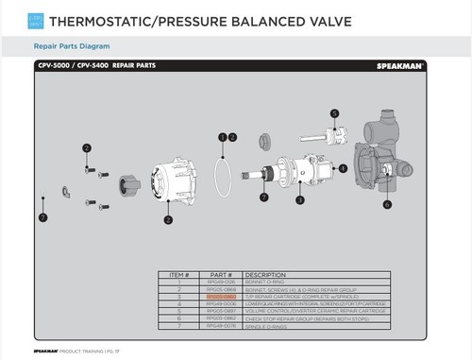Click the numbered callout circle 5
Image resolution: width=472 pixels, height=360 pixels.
pyautogui.click(x=334, y=113)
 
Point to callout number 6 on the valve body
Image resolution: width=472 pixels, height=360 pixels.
pyautogui.click(x=387, y=203)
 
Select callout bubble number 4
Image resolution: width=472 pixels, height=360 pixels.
pyautogui.click(x=343, y=168)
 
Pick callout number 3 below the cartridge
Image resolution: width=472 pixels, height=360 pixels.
pyautogui.click(x=299, y=200)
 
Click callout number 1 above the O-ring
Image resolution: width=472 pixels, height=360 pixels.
pyautogui.click(x=222, y=137)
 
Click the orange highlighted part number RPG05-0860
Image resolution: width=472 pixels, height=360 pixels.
pyautogui.click(x=222, y=296)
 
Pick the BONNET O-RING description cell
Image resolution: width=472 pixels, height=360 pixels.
pyautogui.click(x=269, y=282)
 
